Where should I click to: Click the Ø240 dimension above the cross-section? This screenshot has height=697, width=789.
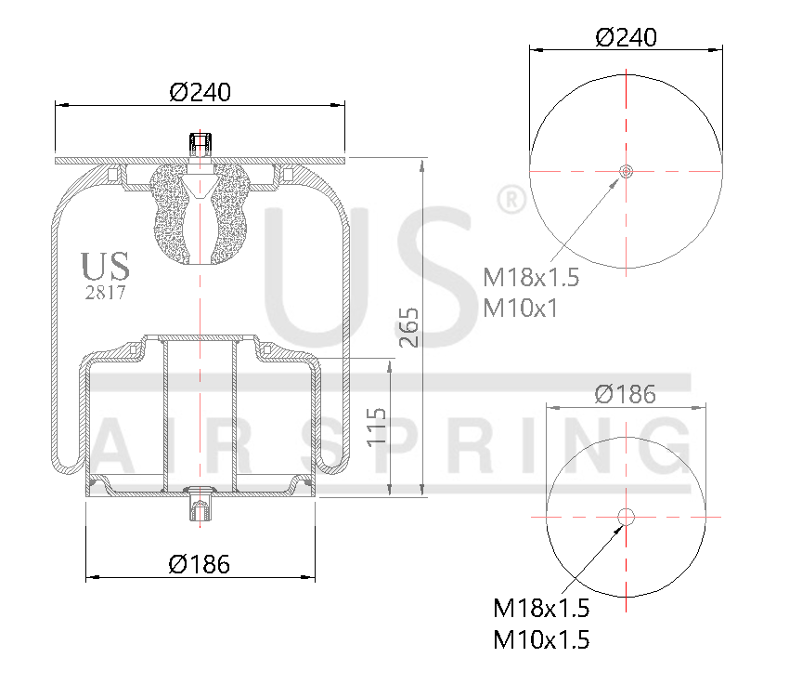coord(200,92)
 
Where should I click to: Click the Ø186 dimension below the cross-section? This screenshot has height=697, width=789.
coord(199,563)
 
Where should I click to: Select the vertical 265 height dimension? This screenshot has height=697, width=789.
coord(410,327)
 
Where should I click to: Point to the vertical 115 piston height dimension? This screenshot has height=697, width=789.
coord(376,427)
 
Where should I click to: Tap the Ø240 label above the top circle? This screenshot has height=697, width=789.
coord(626,37)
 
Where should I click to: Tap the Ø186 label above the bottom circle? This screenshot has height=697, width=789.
coord(625,394)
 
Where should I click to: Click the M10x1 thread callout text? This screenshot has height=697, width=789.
coord(521,308)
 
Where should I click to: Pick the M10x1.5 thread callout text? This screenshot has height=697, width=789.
coord(541,639)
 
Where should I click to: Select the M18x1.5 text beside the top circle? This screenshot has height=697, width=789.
coord(531,277)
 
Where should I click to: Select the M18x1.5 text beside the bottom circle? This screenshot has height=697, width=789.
coord(541,609)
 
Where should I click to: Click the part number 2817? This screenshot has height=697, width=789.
coord(105,292)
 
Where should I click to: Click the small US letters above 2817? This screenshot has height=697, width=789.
coord(105,266)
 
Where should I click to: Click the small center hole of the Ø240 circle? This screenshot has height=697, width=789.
coord(626,171)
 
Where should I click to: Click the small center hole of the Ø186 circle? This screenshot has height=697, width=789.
coord(626,517)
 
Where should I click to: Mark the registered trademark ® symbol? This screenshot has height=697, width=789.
coord(509,199)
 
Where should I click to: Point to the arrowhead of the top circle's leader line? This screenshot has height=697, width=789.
coord(615,180)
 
